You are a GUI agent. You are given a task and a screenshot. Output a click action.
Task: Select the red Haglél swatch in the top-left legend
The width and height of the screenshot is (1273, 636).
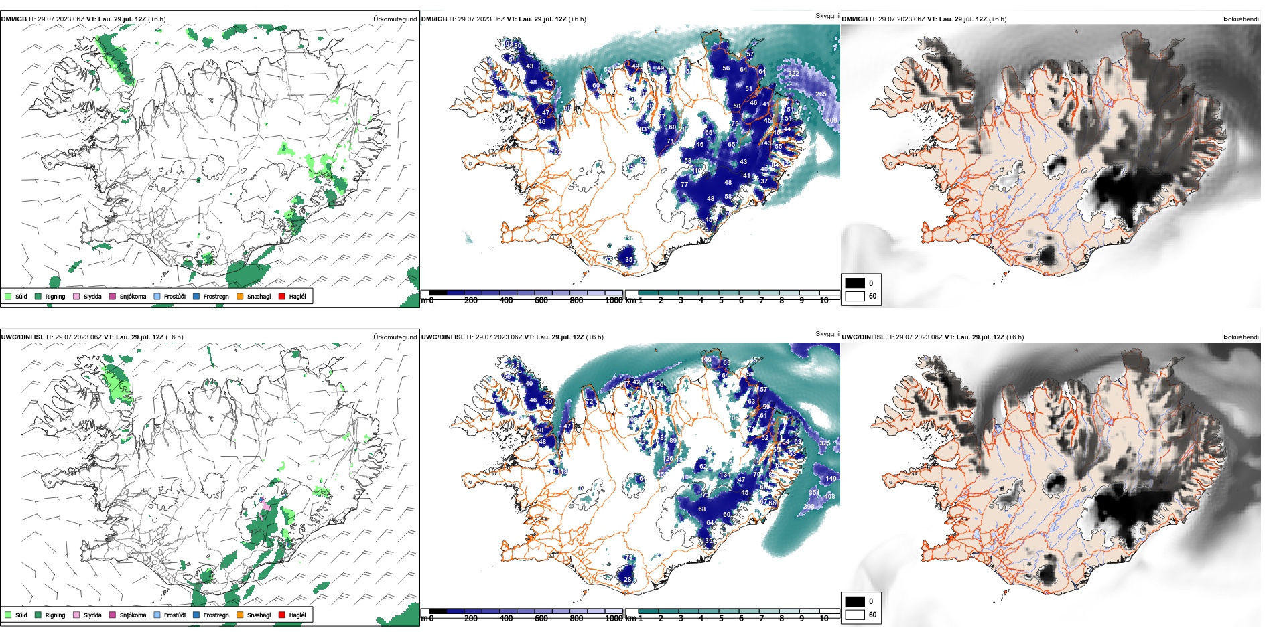[x=282, y=296]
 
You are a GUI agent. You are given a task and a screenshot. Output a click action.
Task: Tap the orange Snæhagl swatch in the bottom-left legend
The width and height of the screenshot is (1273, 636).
[x=240, y=615]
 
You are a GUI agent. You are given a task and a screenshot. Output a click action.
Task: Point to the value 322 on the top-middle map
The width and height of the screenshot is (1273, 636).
[x=793, y=74]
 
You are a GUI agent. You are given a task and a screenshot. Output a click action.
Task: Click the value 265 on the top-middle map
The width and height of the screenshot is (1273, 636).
[x=821, y=94]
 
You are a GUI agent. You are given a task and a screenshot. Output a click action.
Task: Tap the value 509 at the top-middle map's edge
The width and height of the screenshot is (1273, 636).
[x=831, y=121]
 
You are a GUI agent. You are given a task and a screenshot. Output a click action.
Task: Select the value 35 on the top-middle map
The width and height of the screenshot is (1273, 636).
[x=628, y=260]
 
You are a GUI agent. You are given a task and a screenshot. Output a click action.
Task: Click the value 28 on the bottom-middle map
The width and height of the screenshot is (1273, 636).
[x=627, y=580]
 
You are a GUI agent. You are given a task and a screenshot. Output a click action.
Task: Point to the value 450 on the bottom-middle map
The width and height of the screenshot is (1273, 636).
[x=755, y=360]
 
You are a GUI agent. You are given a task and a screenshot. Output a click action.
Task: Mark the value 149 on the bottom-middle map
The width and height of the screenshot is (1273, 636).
[x=831, y=479]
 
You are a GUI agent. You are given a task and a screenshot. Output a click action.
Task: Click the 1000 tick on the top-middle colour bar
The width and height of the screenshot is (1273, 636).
[x=613, y=301]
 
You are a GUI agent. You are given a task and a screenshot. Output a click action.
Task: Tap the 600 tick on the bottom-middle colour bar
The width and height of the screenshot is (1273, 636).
[x=541, y=619]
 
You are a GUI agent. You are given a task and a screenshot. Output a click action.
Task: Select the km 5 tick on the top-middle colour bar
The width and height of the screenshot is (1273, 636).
[x=721, y=301]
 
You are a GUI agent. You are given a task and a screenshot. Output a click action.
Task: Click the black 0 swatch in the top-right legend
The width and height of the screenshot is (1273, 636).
[x=855, y=283]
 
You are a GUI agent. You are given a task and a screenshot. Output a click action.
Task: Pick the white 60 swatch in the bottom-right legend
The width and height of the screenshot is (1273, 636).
[x=855, y=615]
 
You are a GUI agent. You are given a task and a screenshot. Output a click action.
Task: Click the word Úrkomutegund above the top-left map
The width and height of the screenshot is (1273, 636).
[x=395, y=19]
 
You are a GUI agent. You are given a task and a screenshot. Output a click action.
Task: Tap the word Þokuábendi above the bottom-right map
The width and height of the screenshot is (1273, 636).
[x=1241, y=337]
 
